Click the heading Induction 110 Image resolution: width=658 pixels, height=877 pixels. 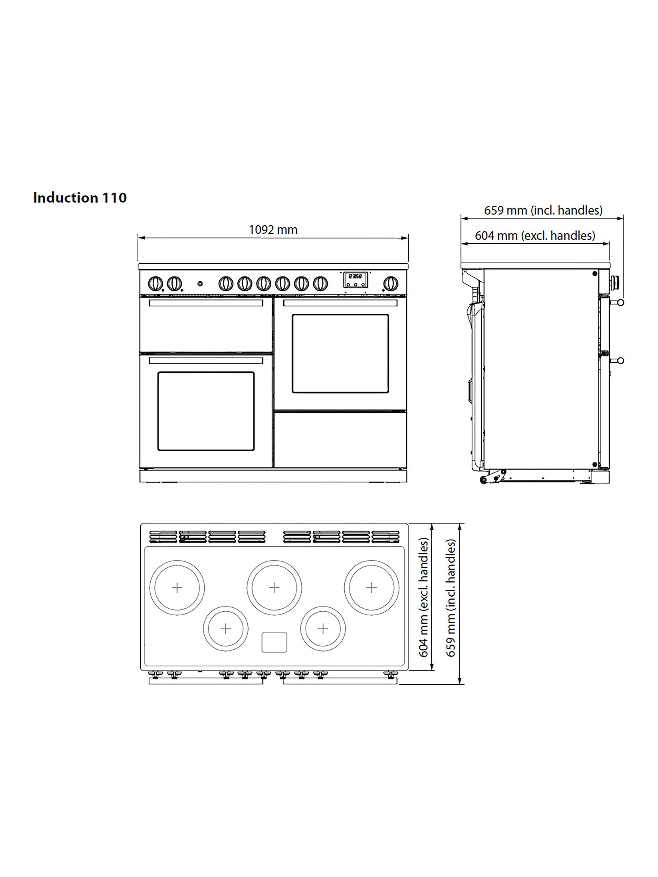(x=80, y=197)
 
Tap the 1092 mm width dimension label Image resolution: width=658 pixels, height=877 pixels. (x=273, y=229)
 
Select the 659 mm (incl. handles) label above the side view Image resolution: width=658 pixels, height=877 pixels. (x=543, y=210)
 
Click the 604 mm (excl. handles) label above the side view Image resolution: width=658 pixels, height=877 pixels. (x=535, y=236)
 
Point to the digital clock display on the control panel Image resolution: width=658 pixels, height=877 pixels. (x=355, y=279)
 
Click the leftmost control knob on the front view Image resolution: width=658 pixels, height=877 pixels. (x=155, y=284)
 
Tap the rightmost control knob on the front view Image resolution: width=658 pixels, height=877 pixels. (x=391, y=284)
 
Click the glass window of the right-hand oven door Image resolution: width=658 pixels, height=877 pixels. (x=340, y=354)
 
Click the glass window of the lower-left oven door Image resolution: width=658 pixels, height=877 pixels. (x=206, y=411)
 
